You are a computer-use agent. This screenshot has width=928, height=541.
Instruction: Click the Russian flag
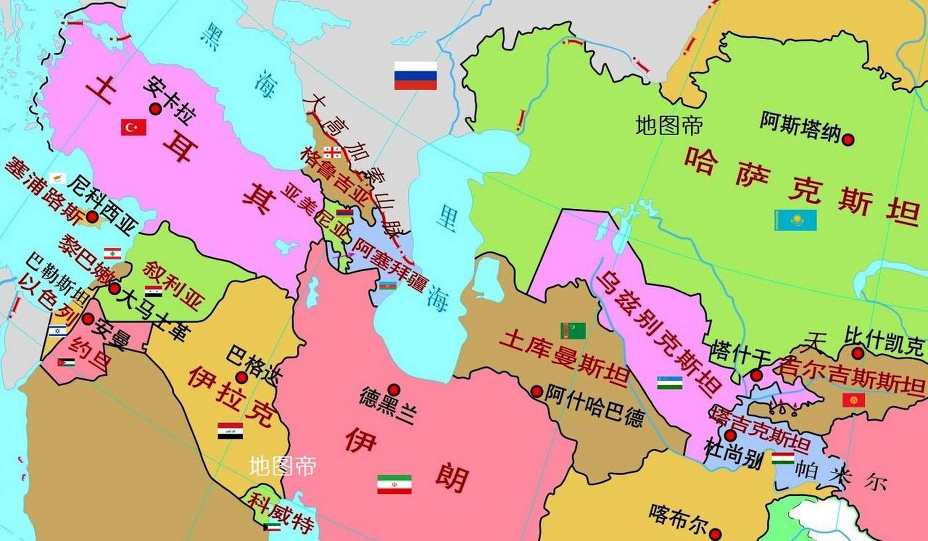[415, 76]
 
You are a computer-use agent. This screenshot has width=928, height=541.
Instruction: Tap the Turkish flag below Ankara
[134, 127]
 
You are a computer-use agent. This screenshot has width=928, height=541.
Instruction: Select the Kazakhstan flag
[795, 220]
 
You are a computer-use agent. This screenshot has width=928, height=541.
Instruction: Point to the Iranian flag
[394, 484]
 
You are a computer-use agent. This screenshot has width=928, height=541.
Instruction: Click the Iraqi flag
[230, 430]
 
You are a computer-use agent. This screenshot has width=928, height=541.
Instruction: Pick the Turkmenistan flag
[573, 331]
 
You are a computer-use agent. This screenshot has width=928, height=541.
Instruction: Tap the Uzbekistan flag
[670, 383]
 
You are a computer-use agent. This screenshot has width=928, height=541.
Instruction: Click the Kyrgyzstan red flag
[854, 400]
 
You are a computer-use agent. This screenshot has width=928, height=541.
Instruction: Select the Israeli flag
[57, 331]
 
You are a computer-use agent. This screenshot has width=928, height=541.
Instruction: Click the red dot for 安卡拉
[156, 109]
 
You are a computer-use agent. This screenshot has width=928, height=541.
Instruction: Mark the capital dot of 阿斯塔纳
[848, 139]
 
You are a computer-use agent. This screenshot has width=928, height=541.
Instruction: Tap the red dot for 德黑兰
[394, 389]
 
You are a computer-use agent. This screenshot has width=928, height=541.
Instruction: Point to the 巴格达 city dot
[241, 377]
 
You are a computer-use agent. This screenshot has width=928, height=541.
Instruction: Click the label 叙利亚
[173, 285]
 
